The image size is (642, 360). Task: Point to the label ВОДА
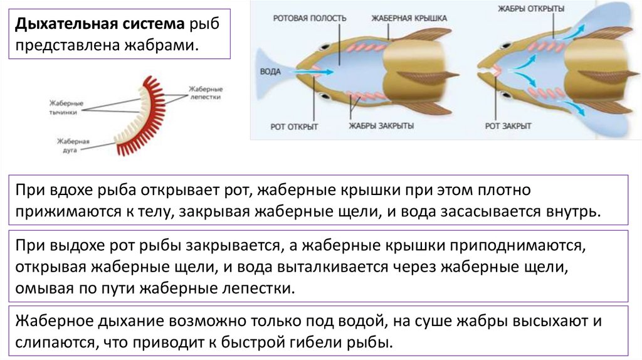(x=270, y=71)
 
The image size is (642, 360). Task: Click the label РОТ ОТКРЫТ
(x=295, y=127)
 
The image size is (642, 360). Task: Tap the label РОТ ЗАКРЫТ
(x=508, y=126)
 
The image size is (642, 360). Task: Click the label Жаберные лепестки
(x=205, y=93)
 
